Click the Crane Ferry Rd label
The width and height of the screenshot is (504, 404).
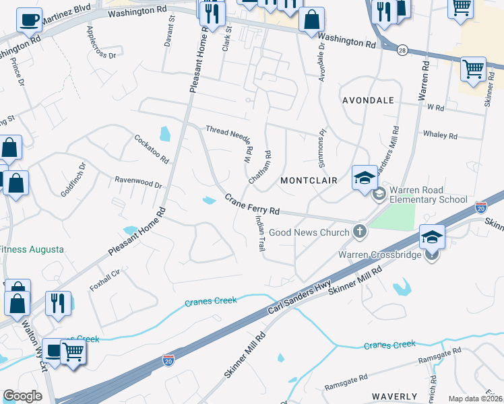252,205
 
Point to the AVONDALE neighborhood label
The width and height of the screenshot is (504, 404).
368,100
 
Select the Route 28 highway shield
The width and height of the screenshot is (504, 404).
402,50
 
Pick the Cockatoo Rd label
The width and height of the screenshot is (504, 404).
151,149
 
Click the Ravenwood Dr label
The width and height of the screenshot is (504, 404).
139,182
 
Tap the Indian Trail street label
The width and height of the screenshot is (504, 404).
259,234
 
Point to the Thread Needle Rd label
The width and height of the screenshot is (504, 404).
229,135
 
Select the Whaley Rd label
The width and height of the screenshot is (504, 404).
440,135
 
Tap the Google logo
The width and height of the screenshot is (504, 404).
22,396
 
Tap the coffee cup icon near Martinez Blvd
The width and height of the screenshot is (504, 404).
29,20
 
